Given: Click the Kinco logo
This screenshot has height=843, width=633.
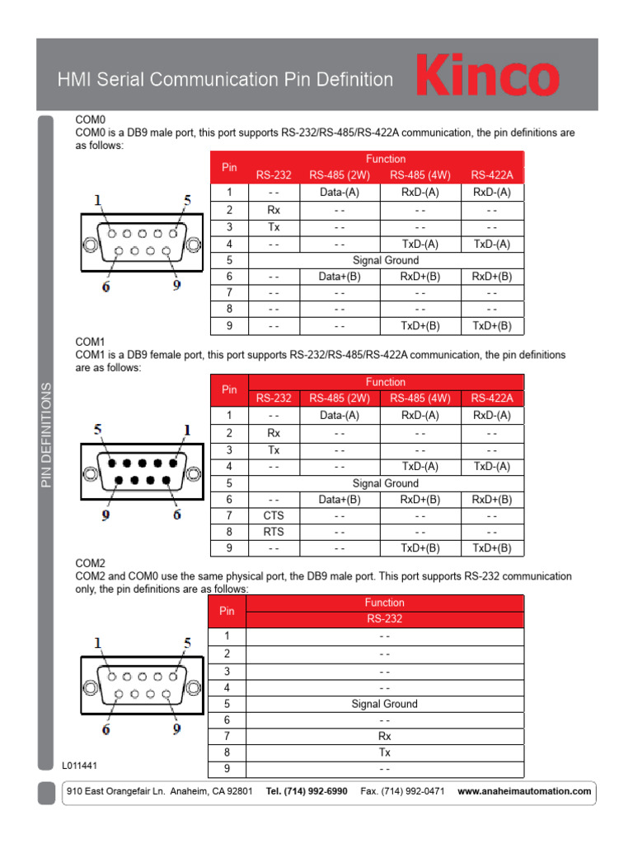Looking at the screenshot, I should [x=487, y=77].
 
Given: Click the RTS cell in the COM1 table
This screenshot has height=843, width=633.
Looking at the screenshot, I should [x=274, y=532].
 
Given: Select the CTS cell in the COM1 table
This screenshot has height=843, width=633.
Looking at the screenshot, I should [x=274, y=515].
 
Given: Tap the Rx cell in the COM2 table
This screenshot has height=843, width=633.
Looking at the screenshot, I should [x=384, y=736].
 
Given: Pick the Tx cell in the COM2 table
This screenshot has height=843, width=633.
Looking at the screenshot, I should [x=384, y=752].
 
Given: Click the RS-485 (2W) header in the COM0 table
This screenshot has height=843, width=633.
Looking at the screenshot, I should [x=340, y=175].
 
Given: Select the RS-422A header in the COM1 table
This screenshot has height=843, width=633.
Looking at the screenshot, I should [x=492, y=398].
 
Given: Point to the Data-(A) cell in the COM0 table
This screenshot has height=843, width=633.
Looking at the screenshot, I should [x=340, y=192].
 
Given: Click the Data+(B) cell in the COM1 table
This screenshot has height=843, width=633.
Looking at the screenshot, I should [x=340, y=499].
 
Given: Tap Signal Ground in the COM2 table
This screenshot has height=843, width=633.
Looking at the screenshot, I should [x=384, y=704].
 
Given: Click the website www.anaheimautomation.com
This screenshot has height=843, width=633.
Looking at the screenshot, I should [x=524, y=791].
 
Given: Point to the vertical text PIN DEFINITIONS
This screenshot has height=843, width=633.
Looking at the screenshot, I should [x=46, y=434].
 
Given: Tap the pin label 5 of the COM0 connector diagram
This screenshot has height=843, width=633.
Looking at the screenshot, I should [x=187, y=200].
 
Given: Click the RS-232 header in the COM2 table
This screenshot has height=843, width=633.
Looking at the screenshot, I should [x=384, y=619].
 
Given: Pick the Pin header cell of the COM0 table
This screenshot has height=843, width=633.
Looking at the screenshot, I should [x=229, y=167].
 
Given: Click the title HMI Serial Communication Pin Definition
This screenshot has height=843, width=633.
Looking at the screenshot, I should [x=225, y=80].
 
